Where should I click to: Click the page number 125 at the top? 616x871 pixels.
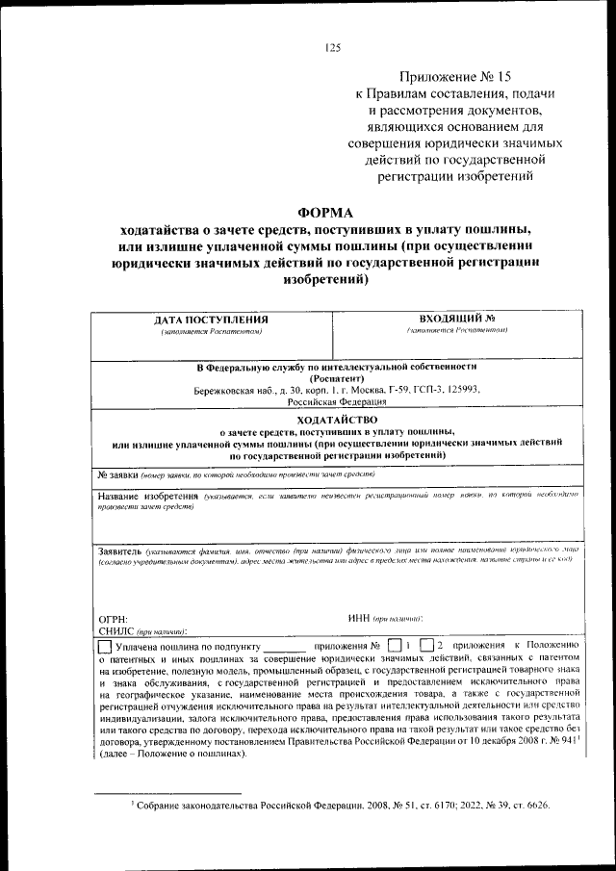333,47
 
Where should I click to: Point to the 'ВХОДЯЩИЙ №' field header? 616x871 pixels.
456,318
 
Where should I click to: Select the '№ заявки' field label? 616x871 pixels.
118,475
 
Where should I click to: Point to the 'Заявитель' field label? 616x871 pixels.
121,551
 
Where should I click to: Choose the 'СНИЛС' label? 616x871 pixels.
117,631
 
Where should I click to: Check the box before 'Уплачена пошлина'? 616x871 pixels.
105,645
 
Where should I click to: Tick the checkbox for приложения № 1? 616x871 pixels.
396,644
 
